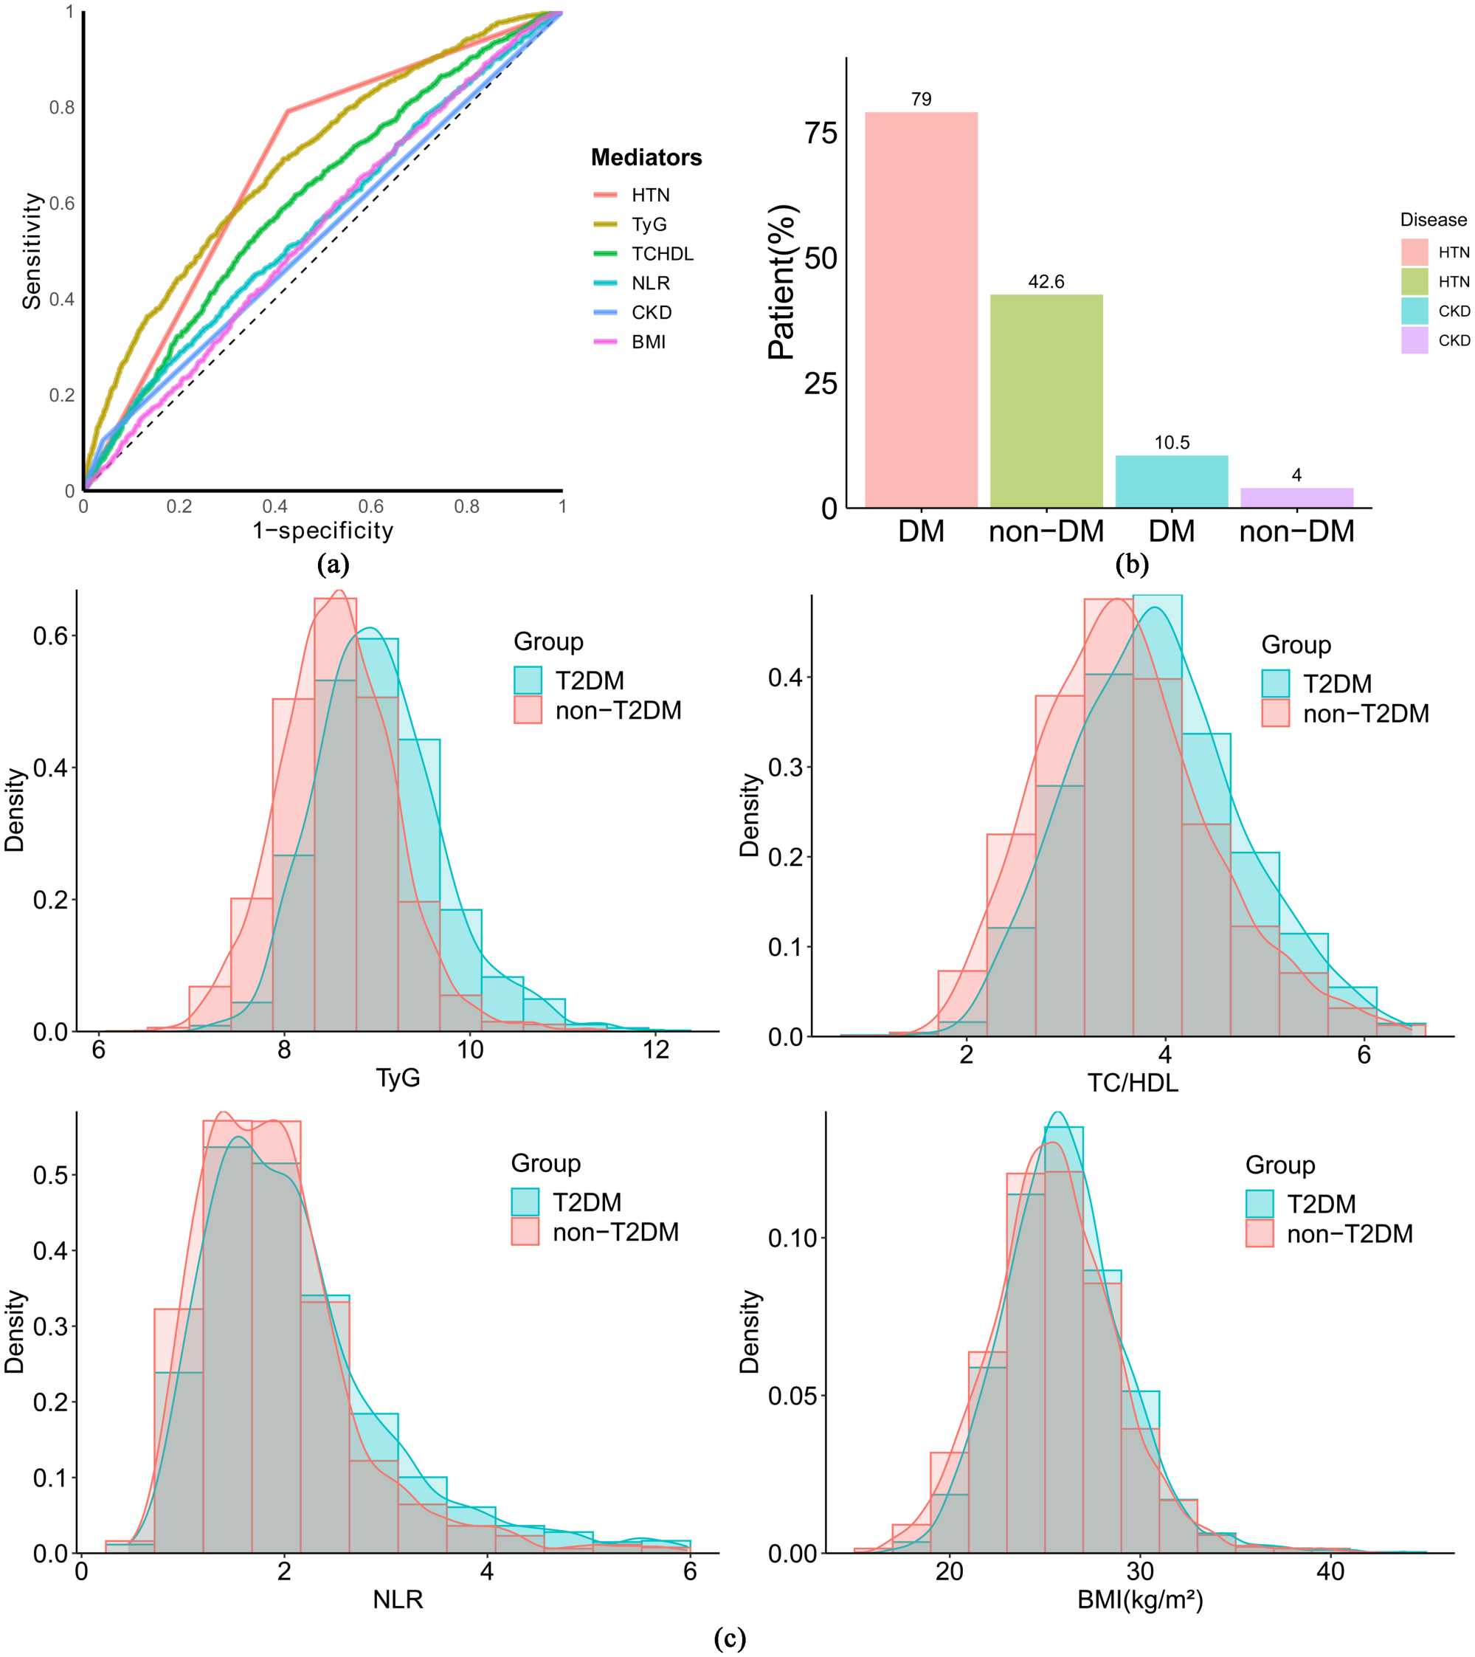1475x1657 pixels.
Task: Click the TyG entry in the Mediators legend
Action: (649, 224)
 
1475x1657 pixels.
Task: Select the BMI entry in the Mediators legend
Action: (649, 342)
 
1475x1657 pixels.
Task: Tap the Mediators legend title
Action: (646, 157)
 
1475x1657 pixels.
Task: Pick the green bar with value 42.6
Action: (1046, 401)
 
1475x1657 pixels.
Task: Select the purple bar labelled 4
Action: (1296, 497)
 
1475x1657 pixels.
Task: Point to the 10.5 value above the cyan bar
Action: (1171, 443)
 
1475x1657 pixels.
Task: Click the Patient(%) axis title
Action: (783, 282)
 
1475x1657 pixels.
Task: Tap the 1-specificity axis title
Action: (322, 530)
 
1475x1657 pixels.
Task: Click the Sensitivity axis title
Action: (32, 251)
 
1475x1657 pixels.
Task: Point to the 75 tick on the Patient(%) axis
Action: (821, 133)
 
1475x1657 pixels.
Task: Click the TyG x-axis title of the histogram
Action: (398, 1078)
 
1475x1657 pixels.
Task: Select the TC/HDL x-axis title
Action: (1132, 1082)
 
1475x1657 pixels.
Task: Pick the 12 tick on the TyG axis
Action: (656, 1050)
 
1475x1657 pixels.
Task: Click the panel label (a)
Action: (333, 563)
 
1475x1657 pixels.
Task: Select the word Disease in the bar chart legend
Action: (1433, 220)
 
